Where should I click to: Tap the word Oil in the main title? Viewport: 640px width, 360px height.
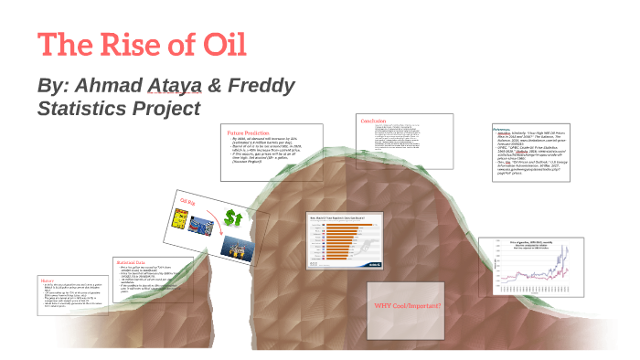coord(220,45)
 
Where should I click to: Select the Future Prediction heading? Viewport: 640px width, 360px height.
coord(249,133)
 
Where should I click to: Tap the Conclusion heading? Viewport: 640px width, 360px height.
coord(374,121)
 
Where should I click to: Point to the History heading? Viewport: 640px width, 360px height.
coord(48,281)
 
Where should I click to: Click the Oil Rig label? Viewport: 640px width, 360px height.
coord(188,201)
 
